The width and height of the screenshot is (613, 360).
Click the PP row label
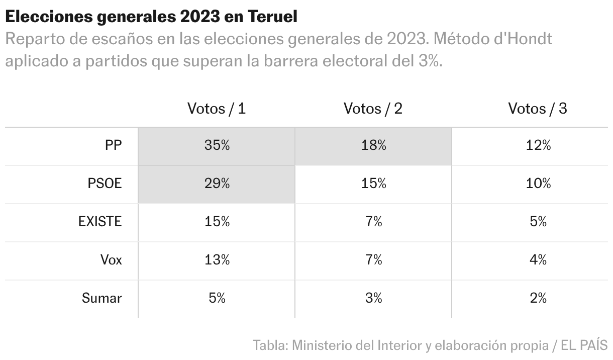(113, 146)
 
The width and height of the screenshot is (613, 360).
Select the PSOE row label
(105, 184)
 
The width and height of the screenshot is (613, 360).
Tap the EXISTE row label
(100, 222)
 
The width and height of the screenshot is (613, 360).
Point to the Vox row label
(111, 260)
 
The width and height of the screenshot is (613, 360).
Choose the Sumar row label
(101, 298)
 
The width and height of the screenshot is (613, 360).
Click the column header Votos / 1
(217, 109)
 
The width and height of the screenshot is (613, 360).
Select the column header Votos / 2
(373, 109)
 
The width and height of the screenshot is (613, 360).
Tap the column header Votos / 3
(538, 109)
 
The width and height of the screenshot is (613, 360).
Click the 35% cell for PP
(217, 146)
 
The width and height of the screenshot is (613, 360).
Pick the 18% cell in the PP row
(373, 146)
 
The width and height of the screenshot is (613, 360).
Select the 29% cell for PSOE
(217, 184)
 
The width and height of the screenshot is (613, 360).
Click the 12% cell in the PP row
(538, 146)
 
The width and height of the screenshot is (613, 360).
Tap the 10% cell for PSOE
(538, 184)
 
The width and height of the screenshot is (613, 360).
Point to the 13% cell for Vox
(217, 260)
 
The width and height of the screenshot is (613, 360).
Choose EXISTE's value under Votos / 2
(373, 222)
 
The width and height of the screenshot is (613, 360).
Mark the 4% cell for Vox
(538, 260)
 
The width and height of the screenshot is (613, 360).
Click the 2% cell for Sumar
(538, 298)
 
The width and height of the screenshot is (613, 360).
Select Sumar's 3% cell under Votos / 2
(373, 298)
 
